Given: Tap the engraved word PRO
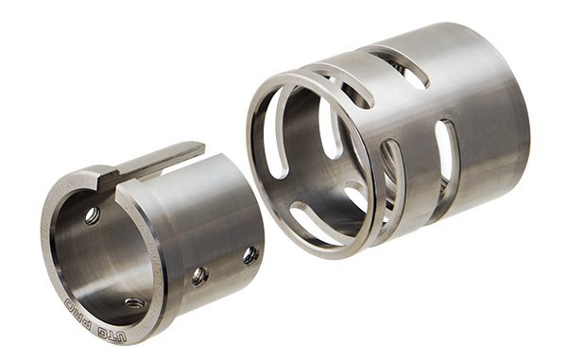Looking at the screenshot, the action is coord(77,310).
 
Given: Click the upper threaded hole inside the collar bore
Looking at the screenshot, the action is coord(93,215).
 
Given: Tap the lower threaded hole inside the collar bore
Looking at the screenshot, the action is coord(135,303).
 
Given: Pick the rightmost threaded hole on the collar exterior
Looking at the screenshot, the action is coord(250,255).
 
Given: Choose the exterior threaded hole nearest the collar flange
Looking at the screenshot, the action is coord(200,277).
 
